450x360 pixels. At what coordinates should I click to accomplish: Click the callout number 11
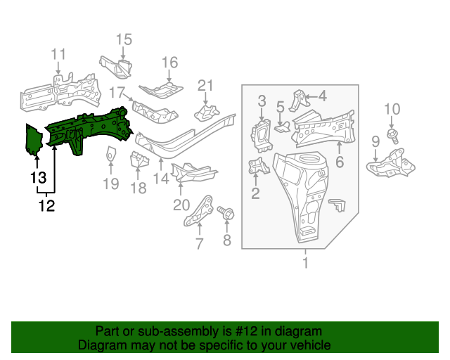click(x=58, y=54)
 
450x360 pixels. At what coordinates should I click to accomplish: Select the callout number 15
click(x=124, y=39)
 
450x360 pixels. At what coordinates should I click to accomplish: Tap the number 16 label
click(x=170, y=63)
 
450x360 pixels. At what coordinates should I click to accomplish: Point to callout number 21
click(x=205, y=86)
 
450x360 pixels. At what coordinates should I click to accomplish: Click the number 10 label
click(x=392, y=108)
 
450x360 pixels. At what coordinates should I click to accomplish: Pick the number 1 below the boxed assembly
click(x=305, y=264)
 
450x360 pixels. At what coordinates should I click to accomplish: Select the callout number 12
click(x=46, y=206)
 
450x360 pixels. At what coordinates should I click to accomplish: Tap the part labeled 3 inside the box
click(x=263, y=134)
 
